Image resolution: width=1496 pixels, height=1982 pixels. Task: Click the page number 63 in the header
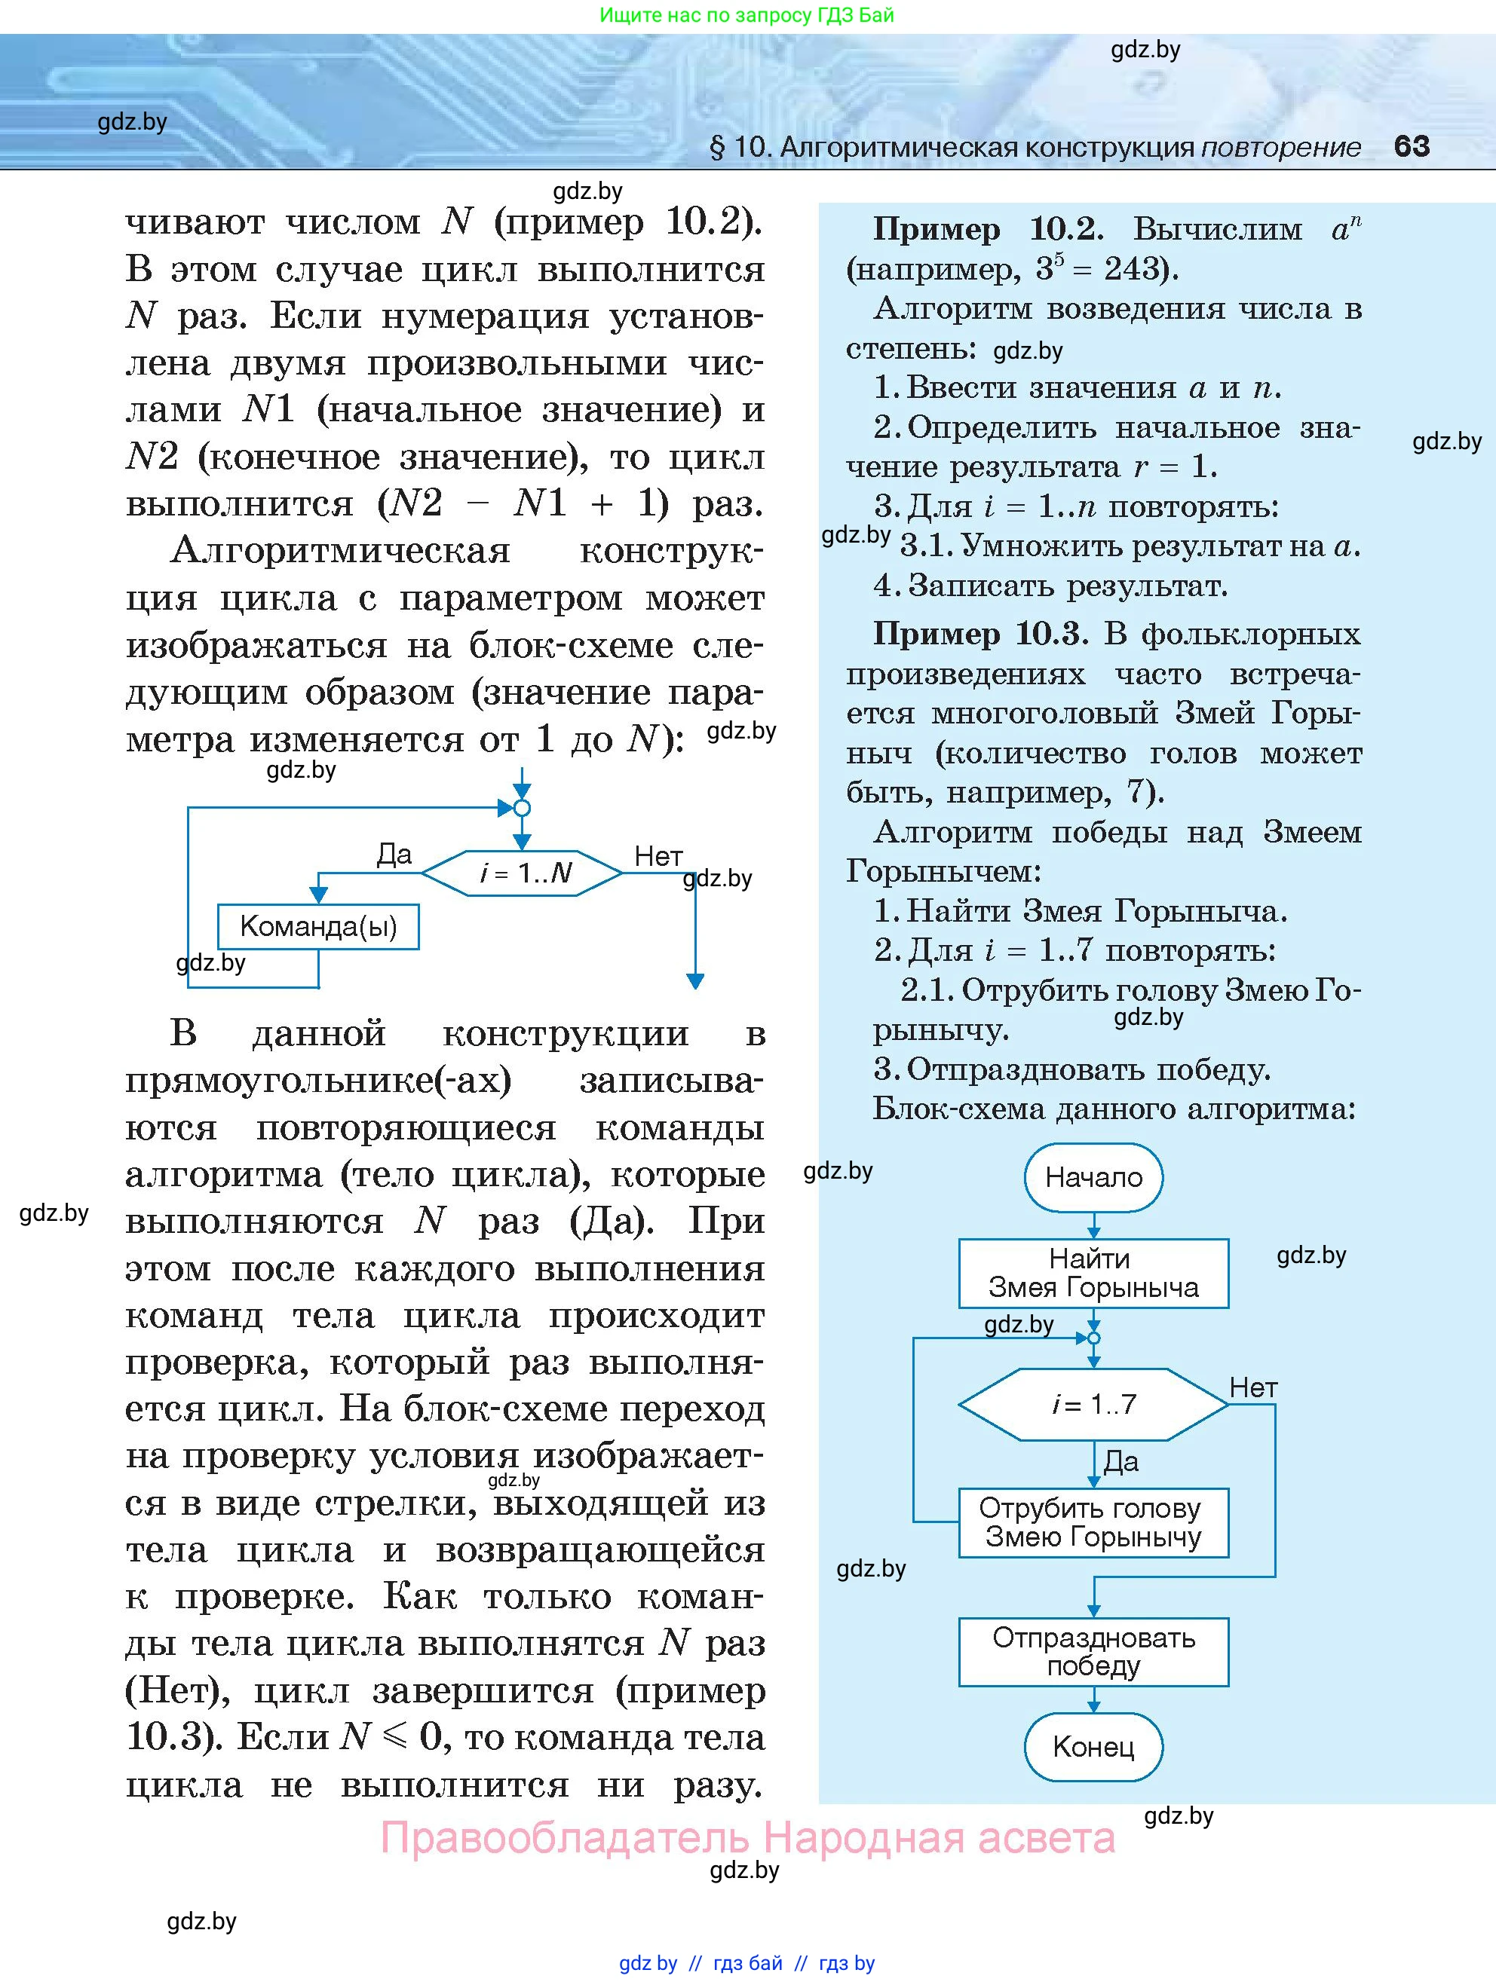point(1411,146)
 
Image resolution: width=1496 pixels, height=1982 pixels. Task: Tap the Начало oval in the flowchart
point(1093,1176)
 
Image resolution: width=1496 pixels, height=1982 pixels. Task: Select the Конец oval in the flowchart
point(1093,1746)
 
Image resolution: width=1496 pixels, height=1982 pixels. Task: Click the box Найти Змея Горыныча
point(1093,1274)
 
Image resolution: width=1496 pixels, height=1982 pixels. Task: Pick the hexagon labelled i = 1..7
point(1093,1403)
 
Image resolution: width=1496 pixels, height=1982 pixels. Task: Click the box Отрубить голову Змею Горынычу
point(1093,1522)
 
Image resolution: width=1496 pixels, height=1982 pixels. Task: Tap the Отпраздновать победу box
point(1093,1651)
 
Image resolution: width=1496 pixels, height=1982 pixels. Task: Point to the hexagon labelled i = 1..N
point(523,872)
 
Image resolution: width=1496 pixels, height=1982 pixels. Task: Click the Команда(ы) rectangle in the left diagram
point(318,926)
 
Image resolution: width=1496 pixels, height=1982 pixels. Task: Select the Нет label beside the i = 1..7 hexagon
point(1252,1388)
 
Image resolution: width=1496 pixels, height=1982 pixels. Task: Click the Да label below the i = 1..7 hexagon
point(1120,1461)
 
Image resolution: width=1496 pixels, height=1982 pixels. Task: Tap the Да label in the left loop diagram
point(394,854)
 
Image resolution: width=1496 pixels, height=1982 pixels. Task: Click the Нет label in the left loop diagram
point(658,857)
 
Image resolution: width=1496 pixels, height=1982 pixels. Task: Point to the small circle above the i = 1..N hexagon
point(522,808)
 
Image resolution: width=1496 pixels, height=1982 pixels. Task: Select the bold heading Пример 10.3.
point(979,635)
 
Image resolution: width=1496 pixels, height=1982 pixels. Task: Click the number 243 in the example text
point(1134,269)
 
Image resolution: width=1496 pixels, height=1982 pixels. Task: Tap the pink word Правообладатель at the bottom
point(565,1838)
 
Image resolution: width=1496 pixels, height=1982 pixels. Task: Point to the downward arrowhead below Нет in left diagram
point(694,980)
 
